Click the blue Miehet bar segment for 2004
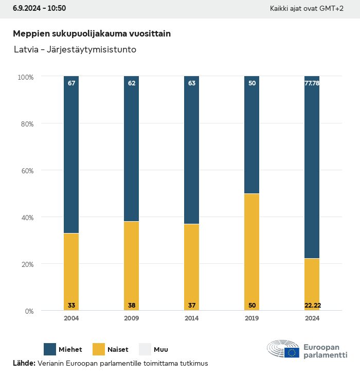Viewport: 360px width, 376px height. coord(71,154)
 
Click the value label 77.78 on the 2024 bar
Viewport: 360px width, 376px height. coord(312,83)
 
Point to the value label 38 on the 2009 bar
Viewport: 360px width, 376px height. coord(132,306)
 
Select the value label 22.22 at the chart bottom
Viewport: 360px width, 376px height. coord(312,306)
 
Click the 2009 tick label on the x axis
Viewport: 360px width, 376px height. coord(132,318)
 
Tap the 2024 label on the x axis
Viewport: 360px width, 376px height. coord(312,318)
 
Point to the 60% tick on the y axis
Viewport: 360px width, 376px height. coord(26,170)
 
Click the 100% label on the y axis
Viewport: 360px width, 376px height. coord(25,77)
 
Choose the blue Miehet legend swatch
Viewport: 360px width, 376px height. coord(50,349)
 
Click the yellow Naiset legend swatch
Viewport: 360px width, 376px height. coord(99,349)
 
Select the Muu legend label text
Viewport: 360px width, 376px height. coord(161,350)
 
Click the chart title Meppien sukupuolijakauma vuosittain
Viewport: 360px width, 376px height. coord(92,33)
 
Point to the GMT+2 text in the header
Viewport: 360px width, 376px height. coord(332,9)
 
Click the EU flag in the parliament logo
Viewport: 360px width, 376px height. coord(292,352)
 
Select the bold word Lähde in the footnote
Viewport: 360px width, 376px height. coord(24,363)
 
